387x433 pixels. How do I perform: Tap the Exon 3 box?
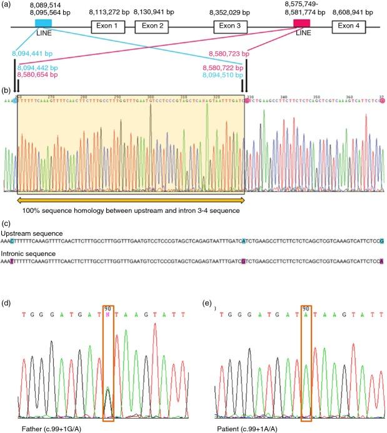(x=231, y=26)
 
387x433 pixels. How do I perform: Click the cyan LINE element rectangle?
(x=44, y=23)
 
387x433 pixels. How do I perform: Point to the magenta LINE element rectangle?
(x=302, y=23)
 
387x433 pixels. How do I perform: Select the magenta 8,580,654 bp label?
(x=38, y=74)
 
